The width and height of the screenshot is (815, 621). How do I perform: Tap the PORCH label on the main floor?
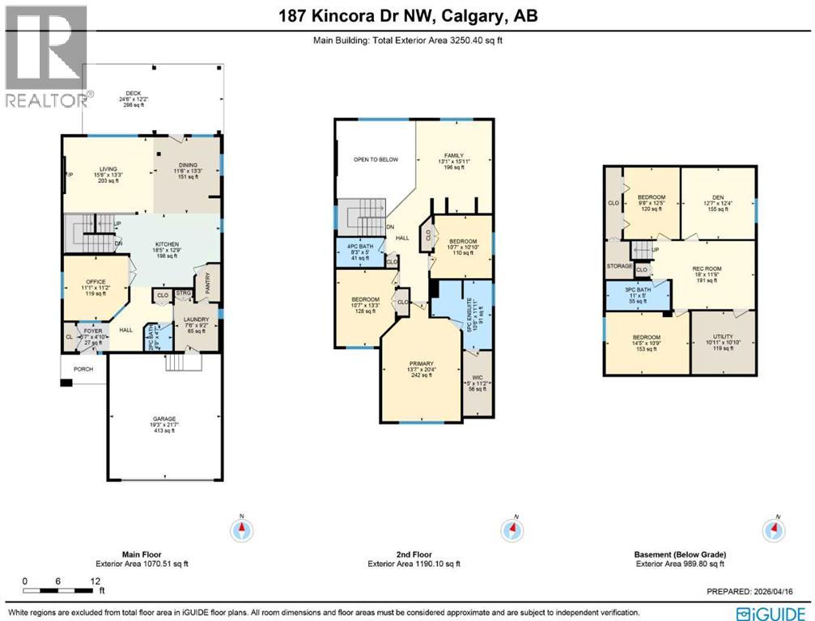(x=83, y=370)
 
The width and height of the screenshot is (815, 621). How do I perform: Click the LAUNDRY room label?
(x=197, y=319)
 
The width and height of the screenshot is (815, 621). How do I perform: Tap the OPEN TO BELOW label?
(x=376, y=159)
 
